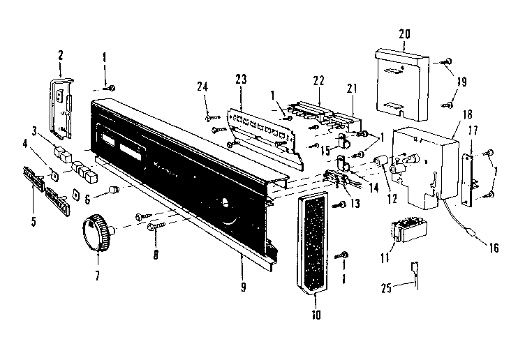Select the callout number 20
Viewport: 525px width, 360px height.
(404, 35)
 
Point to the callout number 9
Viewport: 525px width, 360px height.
(243, 287)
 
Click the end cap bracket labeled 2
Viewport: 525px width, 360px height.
(62, 105)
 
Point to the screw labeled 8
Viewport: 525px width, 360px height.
(154, 226)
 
